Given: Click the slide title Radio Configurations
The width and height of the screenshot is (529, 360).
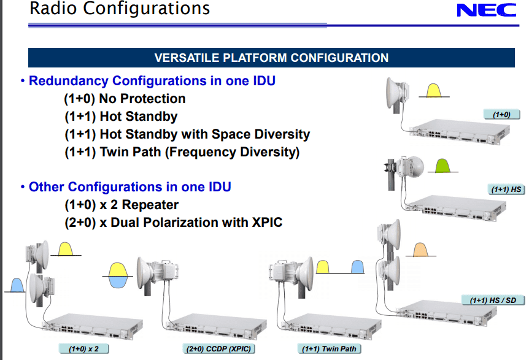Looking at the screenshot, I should click(120, 9).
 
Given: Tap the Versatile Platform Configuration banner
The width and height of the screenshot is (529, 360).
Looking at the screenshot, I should click(271, 58).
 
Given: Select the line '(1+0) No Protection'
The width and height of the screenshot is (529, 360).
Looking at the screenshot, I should click(125, 99).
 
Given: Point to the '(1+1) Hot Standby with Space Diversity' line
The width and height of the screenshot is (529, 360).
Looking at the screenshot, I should click(187, 134).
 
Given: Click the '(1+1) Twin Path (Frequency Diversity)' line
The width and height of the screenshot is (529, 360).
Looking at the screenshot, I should click(182, 152).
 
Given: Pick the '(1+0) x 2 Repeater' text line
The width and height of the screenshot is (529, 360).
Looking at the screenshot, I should click(121, 205).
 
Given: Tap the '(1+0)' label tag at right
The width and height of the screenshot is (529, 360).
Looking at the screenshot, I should click(502, 114).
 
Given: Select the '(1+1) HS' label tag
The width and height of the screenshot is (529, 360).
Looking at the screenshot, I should click(506, 190).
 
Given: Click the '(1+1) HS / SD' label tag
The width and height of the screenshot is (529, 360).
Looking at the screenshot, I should click(493, 301).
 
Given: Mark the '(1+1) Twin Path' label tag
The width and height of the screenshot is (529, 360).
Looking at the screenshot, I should click(329, 349).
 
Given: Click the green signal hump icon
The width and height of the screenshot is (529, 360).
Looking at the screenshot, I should click(442, 165).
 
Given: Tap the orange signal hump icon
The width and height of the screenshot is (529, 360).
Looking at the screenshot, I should click(421, 249).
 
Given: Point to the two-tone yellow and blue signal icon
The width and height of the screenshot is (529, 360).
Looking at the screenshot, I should click(117, 274).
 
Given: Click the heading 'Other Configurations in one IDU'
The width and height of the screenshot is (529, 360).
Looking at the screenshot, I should click(129, 186).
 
